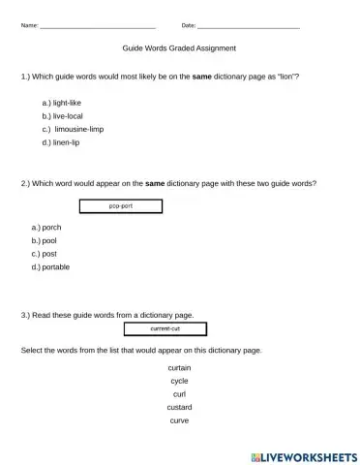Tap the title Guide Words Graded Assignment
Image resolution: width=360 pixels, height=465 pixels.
click(x=179, y=47)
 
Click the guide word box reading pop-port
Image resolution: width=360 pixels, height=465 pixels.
click(x=120, y=205)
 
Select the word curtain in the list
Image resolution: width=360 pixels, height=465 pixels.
click(x=179, y=369)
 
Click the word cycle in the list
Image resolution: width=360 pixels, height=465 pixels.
click(x=179, y=382)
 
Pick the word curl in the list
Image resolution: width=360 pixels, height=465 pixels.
click(x=179, y=394)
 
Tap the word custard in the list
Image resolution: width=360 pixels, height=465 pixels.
click(x=179, y=408)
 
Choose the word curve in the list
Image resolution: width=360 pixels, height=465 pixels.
click(x=179, y=420)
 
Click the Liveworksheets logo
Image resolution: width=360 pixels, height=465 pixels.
click(x=304, y=454)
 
